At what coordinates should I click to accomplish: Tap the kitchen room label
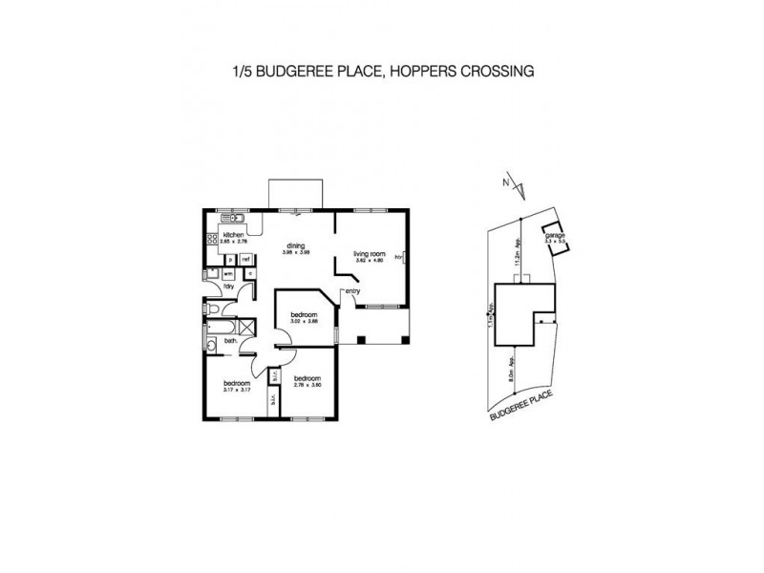coord(234,235)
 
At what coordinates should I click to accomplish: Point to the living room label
coord(368,254)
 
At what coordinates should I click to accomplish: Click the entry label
coord(352,291)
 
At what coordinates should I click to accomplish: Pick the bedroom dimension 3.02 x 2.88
coord(304,322)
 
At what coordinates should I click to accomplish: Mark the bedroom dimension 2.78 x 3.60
coord(306,391)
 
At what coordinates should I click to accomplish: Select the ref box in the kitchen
coord(245,259)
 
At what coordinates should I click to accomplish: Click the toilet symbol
coord(211,308)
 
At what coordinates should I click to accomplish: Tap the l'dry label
coord(229,286)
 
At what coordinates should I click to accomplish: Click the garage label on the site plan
coord(554,236)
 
